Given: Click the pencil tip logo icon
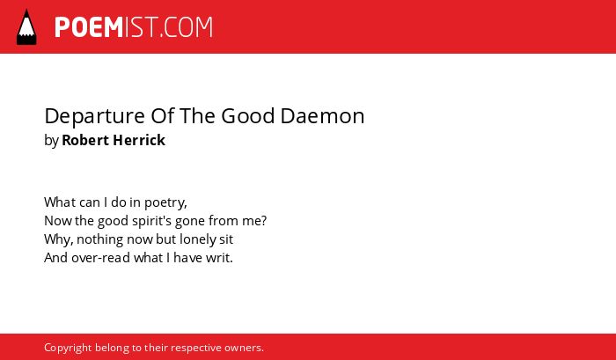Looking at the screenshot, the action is [x=26, y=27].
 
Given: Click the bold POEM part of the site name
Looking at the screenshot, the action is [x=89, y=27].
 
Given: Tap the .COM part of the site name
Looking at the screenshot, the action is [x=187, y=27].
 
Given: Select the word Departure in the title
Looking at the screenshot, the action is [x=95, y=117].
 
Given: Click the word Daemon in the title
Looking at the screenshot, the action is [x=323, y=116].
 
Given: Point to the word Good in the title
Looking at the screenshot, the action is [x=247, y=116].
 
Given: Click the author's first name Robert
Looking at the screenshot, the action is [x=85, y=140].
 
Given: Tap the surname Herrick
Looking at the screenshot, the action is [x=139, y=140].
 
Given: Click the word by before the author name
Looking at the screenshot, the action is [x=51, y=141].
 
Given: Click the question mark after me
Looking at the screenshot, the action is [x=264, y=221].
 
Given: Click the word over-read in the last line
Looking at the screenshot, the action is [x=100, y=258].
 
